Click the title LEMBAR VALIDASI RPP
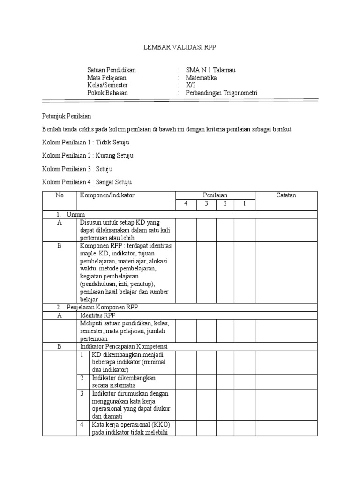[180, 47]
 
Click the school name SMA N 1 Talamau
[210, 70]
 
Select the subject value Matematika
[202, 78]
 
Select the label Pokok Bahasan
[107, 93]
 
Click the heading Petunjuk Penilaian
[66, 115]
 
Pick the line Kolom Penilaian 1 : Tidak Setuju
[86, 142]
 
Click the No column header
[59, 195]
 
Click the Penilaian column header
[215, 195]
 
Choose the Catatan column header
[286, 195]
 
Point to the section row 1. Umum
[68, 214]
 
